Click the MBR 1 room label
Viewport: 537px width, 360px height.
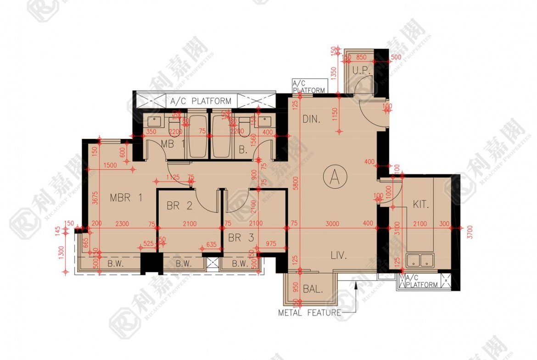tap(126, 198)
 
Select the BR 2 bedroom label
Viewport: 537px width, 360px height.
tap(179, 206)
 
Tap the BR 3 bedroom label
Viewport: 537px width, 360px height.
tap(241, 238)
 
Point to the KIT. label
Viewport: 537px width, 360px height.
tap(420, 205)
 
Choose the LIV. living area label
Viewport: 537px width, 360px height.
tap(339, 255)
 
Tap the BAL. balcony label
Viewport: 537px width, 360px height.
tap(313, 289)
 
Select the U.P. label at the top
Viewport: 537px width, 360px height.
tap(361, 70)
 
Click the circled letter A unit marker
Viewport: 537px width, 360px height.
tap(335, 177)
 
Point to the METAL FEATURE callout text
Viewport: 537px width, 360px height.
tap(309, 313)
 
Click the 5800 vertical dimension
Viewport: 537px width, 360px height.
tap(296, 184)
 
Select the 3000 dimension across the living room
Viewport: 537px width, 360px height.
tap(332, 224)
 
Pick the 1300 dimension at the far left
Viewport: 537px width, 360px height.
tap(62, 252)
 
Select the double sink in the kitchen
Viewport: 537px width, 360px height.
tap(420, 261)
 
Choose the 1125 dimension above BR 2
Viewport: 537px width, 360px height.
tap(173, 177)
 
